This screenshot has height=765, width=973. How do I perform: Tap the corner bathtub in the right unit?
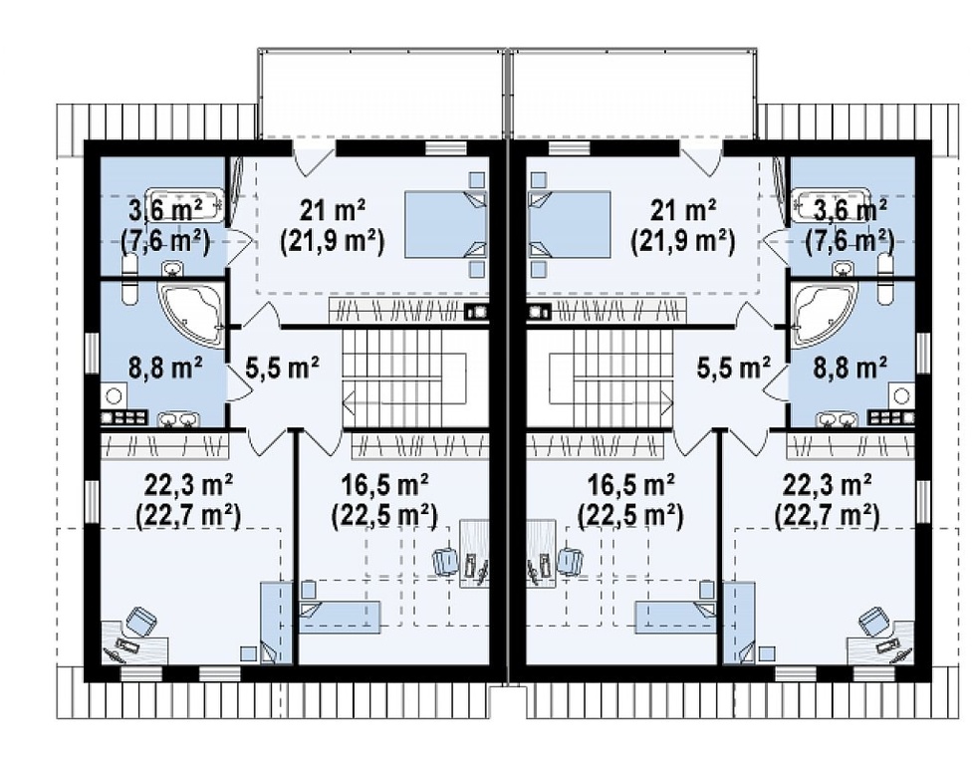[824, 315]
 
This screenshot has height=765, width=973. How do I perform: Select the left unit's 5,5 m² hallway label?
[283, 368]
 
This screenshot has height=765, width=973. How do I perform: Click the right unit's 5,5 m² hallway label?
[733, 368]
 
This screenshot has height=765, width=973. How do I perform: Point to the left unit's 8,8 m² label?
[165, 368]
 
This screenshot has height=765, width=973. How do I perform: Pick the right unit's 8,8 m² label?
[850, 368]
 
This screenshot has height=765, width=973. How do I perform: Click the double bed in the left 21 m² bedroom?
[445, 224]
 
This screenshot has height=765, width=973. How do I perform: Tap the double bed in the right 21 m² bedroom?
[569, 224]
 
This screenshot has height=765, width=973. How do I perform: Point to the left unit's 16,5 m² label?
[384, 484]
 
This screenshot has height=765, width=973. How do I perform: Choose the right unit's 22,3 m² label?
[828, 484]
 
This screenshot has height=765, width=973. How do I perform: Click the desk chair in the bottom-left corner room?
[141, 622]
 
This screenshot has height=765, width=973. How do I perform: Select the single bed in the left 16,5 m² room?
[340, 617]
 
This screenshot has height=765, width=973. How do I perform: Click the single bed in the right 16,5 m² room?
[675, 617]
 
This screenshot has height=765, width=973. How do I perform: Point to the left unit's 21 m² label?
[333, 211]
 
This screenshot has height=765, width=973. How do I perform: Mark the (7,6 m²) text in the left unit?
[164, 242]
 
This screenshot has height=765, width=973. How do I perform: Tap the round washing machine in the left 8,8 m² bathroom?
[115, 395]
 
